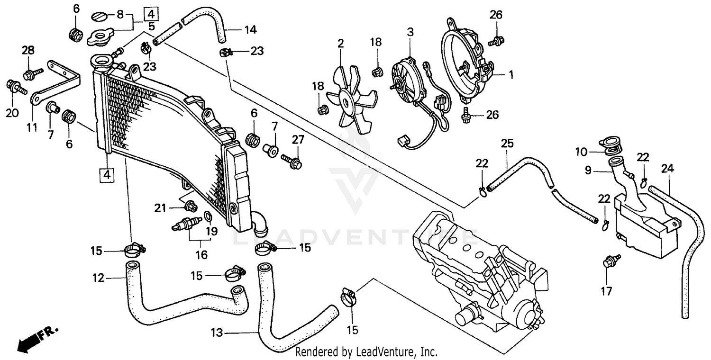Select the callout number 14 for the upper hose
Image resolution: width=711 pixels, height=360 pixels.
[x=250, y=30]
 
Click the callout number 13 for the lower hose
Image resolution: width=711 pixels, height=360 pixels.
[x=216, y=333]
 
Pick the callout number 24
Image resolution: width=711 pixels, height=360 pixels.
[x=667, y=168]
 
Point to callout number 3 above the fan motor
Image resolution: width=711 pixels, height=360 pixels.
[x=410, y=32]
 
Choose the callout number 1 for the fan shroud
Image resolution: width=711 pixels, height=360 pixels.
[x=510, y=74]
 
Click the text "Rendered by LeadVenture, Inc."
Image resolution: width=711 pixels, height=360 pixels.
[x=365, y=352]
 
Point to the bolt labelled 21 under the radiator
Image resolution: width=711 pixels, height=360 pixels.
[x=191, y=206]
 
